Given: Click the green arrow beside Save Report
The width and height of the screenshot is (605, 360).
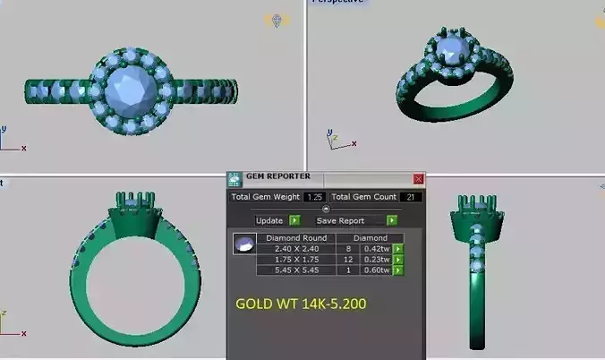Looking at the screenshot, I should [391, 220].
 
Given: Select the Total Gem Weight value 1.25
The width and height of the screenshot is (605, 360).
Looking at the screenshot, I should [314, 197].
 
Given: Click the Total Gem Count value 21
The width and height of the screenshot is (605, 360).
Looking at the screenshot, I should [412, 197].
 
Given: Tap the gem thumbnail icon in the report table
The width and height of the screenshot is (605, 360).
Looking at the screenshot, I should [243, 244].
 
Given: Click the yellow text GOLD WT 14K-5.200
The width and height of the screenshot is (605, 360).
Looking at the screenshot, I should [301, 304].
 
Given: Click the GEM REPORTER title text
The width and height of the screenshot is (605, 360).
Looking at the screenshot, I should [277, 177].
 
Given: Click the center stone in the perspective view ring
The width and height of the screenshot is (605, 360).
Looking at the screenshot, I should [449, 45].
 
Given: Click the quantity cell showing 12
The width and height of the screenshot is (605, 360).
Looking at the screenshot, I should [347, 260].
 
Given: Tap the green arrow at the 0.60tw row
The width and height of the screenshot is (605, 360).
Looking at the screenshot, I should [397, 270].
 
